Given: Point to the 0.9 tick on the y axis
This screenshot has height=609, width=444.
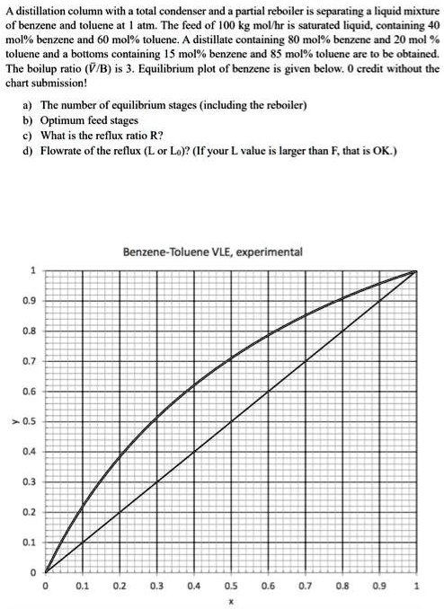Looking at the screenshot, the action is pos(32,300).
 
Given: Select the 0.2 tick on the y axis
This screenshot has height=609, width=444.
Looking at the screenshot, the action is pos(32,512).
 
